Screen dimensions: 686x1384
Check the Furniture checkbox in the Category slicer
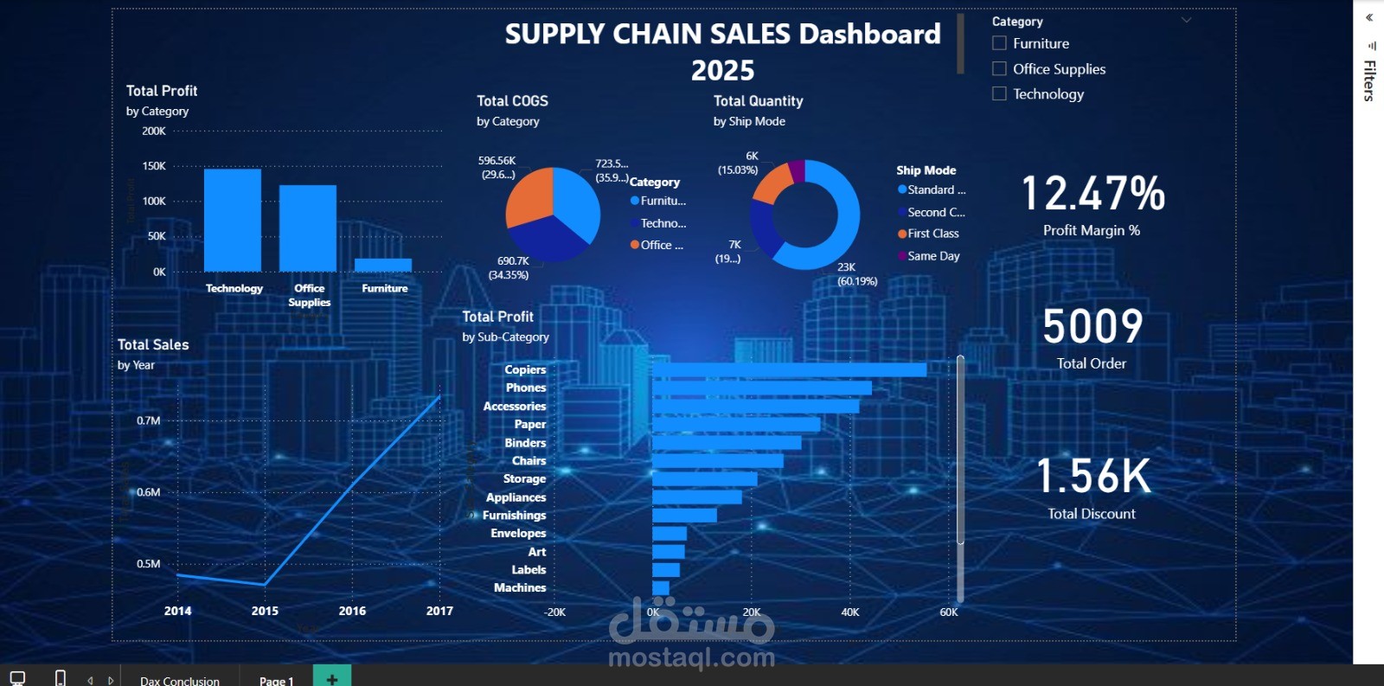pos(999,43)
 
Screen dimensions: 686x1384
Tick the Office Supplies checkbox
pos(999,68)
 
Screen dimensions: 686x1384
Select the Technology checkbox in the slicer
pos(999,93)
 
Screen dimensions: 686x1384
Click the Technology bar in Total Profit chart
pos(233,220)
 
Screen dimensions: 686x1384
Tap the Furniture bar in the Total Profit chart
pos(383,265)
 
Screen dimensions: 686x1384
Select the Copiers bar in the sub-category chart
pos(789,369)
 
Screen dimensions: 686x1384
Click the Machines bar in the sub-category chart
pos(661,588)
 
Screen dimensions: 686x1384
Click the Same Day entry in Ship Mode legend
pos(933,256)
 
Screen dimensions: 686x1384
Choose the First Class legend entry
pos(932,234)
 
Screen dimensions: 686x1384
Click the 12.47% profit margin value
pos(1092,193)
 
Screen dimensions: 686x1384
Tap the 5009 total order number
pos(1092,326)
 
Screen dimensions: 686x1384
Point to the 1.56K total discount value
pos(1093,476)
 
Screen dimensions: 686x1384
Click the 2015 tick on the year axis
pos(265,611)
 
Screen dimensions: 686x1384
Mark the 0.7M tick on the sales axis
pos(148,420)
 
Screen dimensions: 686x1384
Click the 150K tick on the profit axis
pos(154,166)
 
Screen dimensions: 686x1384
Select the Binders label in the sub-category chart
pos(525,443)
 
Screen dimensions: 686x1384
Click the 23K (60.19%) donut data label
pos(856,274)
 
